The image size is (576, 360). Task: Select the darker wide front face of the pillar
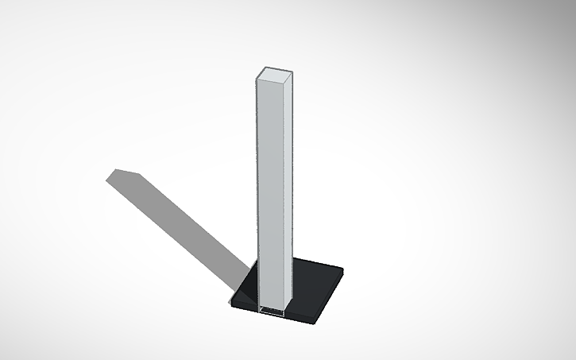coord(269,191)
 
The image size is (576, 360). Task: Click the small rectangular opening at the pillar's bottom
coord(272,311)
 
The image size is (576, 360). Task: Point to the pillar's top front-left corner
coord(257,78)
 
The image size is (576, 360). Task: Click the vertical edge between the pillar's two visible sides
coord(284,191)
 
